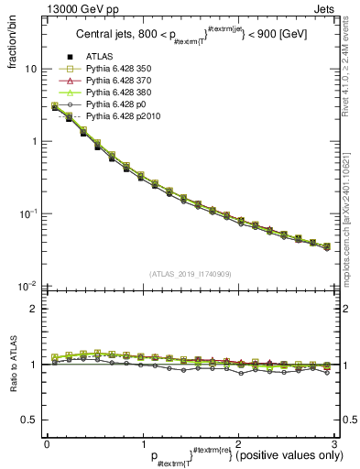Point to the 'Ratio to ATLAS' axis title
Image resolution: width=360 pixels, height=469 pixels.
click(x=10, y=365)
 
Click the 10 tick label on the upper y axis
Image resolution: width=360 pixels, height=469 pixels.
click(x=30, y=70)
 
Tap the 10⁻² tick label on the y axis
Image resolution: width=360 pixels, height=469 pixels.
click(x=27, y=286)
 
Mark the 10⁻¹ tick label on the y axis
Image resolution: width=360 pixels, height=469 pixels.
click(x=27, y=213)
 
